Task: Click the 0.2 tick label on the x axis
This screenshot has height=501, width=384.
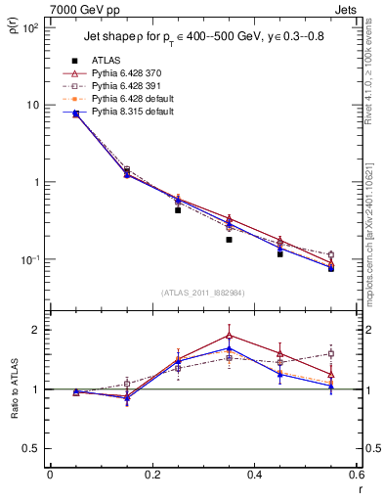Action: [x=151, y=476]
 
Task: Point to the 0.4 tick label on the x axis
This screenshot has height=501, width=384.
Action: [x=254, y=476]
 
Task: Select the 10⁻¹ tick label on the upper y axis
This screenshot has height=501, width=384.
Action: [x=28, y=260]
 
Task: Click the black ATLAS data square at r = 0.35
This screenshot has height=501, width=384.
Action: [x=229, y=240]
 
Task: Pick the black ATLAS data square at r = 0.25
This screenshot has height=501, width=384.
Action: [x=178, y=210]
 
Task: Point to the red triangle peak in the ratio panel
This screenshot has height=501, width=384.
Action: [x=229, y=336]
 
